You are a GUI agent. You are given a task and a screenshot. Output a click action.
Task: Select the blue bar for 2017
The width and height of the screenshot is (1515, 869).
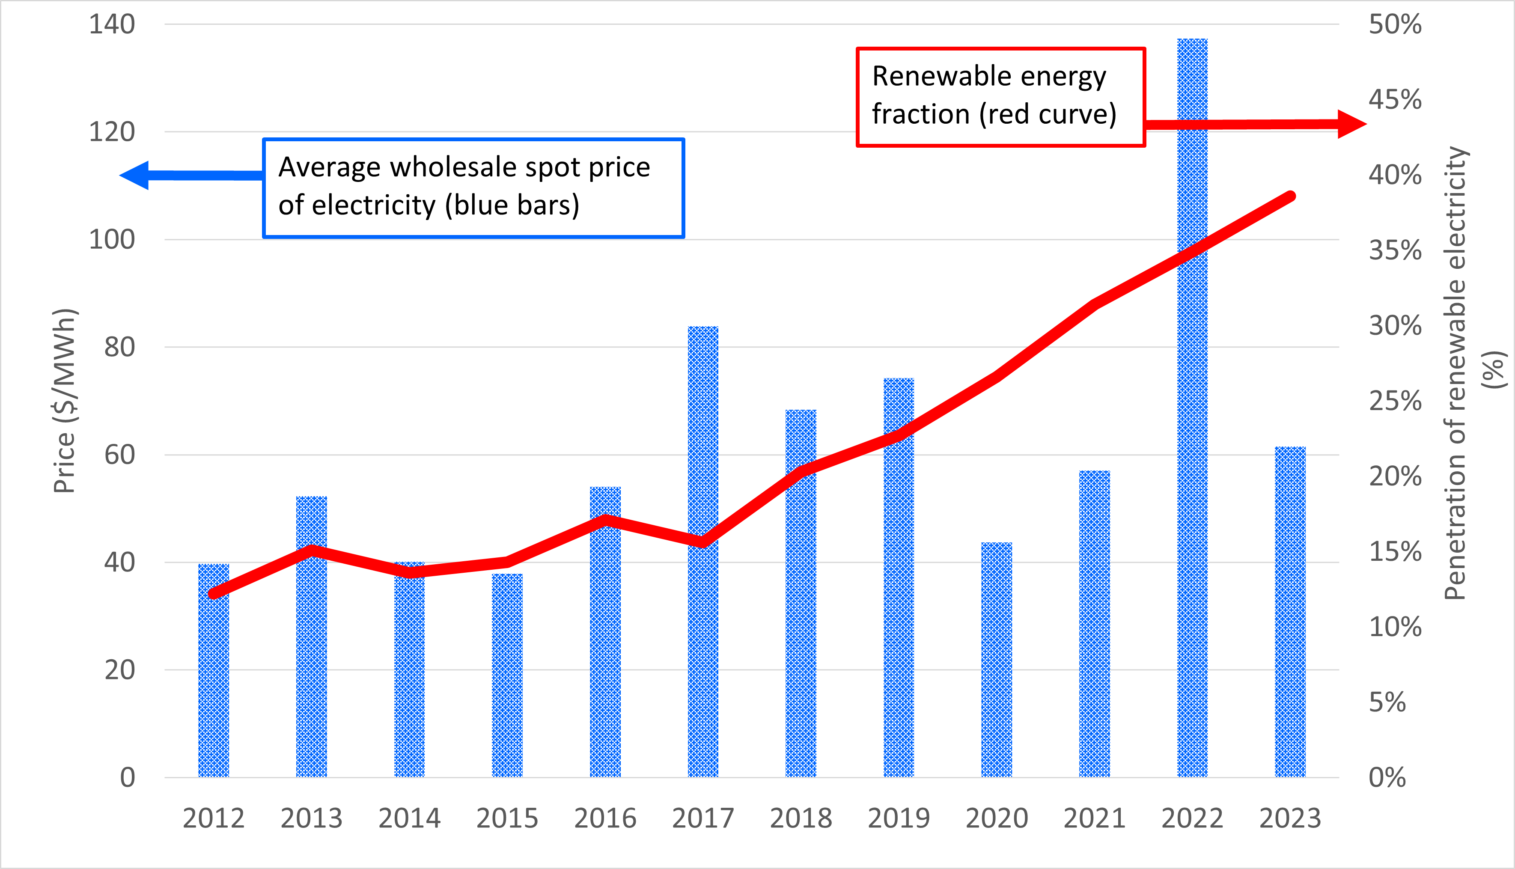[703, 657]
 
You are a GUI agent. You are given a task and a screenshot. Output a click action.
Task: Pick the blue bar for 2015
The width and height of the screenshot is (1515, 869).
[507, 674]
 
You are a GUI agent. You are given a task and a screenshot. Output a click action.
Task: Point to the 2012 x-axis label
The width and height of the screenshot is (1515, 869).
[214, 818]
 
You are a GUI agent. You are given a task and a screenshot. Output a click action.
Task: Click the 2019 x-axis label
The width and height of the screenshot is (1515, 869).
[899, 818]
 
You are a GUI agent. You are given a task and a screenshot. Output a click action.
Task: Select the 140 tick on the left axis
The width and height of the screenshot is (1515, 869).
[112, 24]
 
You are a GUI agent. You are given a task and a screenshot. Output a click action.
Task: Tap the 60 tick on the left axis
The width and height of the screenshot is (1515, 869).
[119, 455]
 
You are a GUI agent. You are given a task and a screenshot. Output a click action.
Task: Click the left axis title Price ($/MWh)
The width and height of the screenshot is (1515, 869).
[65, 401]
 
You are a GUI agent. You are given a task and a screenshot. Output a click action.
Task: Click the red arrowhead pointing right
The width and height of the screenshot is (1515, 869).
[1351, 124]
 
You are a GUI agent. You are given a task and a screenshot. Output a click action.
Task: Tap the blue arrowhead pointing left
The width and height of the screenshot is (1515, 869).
[135, 176]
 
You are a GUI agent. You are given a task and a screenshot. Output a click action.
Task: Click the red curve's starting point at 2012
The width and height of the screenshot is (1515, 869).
[214, 593]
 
